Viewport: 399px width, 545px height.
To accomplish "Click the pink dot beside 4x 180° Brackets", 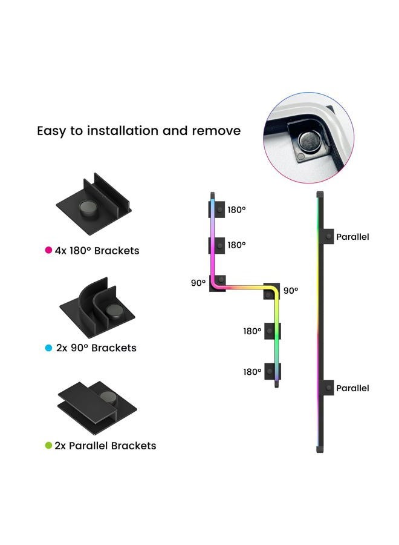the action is [x=48, y=250].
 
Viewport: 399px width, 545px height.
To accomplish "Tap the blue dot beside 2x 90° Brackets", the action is [x=48, y=348].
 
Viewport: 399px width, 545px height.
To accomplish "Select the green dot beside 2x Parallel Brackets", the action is [x=48, y=445].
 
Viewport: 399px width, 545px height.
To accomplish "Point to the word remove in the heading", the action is [x=216, y=131].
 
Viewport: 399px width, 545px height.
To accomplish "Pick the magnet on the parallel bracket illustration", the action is [x=109, y=398].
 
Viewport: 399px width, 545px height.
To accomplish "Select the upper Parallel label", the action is [x=352, y=237].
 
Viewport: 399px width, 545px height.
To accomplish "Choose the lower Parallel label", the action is [x=352, y=388].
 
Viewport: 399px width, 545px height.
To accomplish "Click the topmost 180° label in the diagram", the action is [x=236, y=210].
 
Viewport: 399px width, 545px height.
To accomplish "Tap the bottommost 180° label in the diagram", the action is [x=252, y=372].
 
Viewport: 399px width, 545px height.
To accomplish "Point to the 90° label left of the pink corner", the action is [x=198, y=283].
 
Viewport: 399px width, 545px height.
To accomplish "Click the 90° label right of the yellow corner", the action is [x=291, y=291].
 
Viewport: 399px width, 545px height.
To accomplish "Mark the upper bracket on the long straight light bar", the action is [x=328, y=236].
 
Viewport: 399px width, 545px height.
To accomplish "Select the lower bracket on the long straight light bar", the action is [x=328, y=388].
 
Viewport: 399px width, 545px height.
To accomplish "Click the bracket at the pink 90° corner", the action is [x=218, y=283].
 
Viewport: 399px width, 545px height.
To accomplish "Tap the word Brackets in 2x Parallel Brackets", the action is [x=134, y=446].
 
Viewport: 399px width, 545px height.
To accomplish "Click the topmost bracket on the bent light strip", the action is [x=217, y=210].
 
